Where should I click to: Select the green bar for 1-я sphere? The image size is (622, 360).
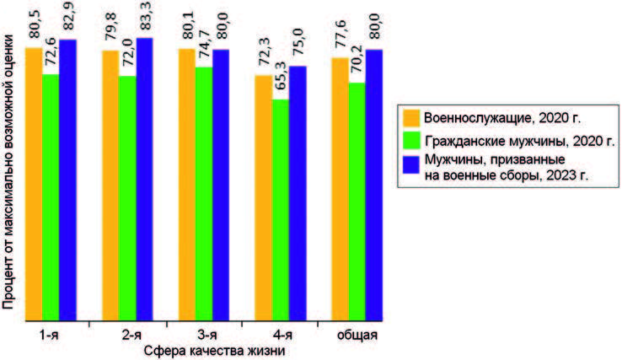tap(51, 197)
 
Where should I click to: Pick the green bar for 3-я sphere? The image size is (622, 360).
tap(204, 193)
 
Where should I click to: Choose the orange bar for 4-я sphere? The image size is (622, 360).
tap(263, 197)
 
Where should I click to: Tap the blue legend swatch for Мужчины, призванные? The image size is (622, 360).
tap(411, 164)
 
